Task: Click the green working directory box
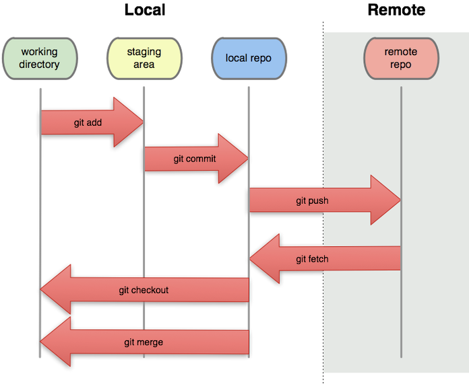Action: pos(40,58)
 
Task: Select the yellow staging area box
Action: pos(144,58)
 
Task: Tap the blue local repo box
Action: pos(249,58)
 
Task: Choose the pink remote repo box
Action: pos(401,58)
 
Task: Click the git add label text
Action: pos(88,123)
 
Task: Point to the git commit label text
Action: pos(195,159)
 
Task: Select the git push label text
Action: pos(312,200)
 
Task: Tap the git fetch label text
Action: pos(312,259)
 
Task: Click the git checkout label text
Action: pos(144,290)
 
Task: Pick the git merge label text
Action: pos(144,342)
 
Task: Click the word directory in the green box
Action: pos(40,65)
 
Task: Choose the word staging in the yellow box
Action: pos(144,52)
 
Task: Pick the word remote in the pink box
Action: pos(401,52)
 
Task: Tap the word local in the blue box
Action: pos(237,58)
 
